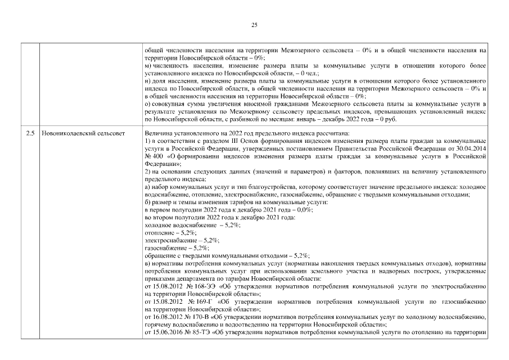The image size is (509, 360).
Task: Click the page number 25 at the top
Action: pos(254,25)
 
